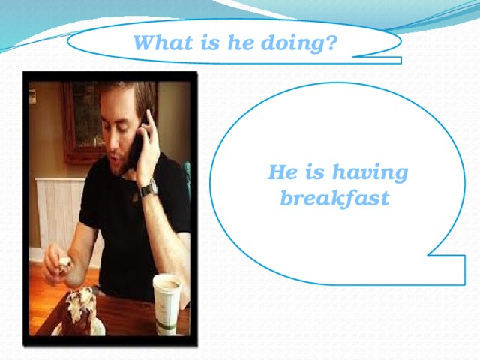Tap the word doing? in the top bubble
(x=300, y=43)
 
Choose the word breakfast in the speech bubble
(x=334, y=199)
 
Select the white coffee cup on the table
(x=168, y=300)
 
